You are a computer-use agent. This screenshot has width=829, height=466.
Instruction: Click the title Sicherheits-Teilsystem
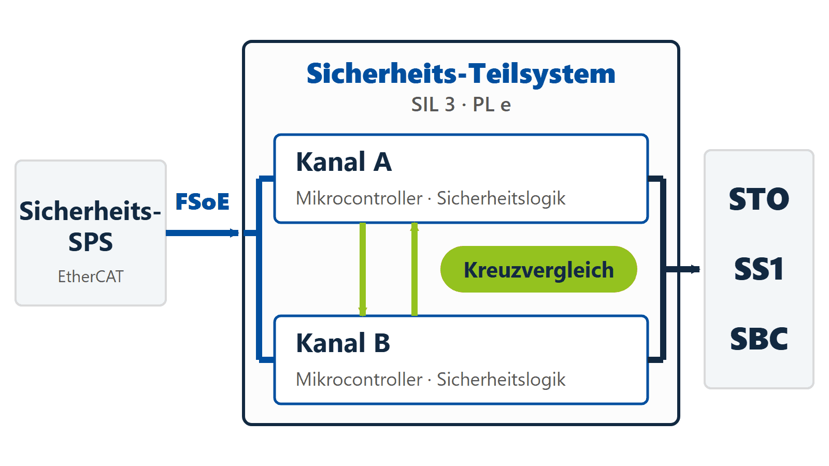click(x=461, y=74)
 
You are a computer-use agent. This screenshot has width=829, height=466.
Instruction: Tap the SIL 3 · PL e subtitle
click(x=461, y=105)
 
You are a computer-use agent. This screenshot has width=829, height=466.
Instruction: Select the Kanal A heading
click(x=344, y=162)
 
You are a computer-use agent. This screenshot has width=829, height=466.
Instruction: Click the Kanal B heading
click(x=343, y=343)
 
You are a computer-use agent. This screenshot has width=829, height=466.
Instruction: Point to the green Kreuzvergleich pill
click(x=538, y=269)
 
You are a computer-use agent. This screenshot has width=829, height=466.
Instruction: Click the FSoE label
click(x=203, y=201)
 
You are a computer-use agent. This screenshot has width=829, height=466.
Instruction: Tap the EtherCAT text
click(x=91, y=276)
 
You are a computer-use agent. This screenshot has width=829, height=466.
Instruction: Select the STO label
click(x=759, y=199)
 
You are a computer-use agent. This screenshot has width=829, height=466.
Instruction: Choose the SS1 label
click(x=759, y=269)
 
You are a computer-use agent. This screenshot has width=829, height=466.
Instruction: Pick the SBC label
click(x=759, y=339)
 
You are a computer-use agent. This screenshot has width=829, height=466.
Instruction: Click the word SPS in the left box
click(x=91, y=242)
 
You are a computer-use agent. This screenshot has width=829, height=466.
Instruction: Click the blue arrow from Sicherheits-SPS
click(x=202, y=233)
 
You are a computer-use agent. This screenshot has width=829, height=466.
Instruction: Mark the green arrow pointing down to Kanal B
click(x=363, y=269)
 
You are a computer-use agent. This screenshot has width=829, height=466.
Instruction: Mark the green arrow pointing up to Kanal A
click(x=414, y=269)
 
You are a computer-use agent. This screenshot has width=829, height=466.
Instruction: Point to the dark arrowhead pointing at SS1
click(x=695, y=269)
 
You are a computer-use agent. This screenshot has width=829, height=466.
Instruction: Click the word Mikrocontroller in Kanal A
click(x=359, y=198)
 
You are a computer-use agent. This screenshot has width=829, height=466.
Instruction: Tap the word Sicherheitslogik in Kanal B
click(x=501, y=380)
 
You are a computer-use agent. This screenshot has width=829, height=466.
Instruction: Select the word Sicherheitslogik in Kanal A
click(x=501, y=199)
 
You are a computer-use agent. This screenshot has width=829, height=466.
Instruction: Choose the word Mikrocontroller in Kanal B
click(x=359, y=380)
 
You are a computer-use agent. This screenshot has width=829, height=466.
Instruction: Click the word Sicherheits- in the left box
click(x=90, y=211)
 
